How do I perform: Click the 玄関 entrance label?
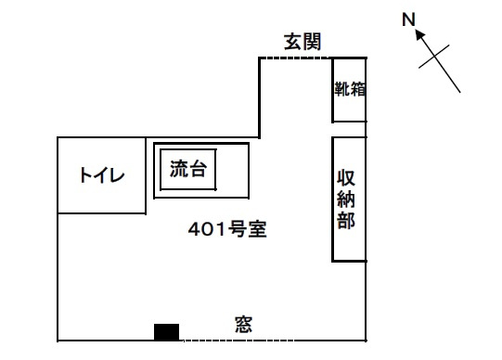302,42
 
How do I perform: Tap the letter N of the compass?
408,19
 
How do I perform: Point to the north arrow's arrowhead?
419,34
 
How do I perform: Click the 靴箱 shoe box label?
350,89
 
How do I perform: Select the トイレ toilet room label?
102,175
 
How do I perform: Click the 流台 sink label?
187,169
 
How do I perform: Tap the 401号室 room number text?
227,229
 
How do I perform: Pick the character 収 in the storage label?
346,178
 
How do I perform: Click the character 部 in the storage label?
346,221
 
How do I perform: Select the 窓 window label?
244,325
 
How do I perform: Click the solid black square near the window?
166,332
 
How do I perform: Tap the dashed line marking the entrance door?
294,58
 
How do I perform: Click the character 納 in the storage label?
346,199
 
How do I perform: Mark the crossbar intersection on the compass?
434,57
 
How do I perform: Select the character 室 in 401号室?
257,229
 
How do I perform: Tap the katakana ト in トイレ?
85,175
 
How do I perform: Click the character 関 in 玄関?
312,42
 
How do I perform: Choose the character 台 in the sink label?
197,169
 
